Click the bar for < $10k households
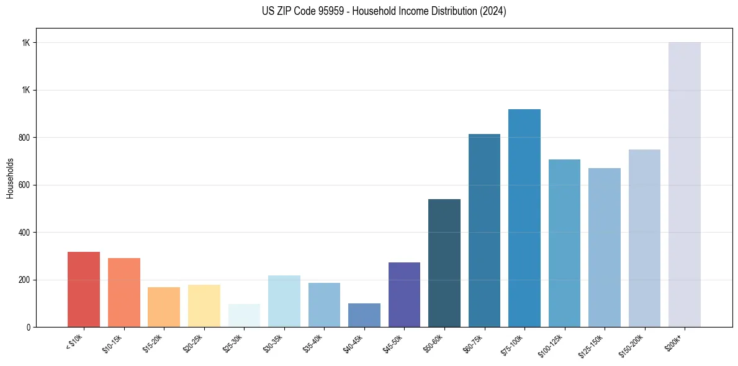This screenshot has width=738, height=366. coord(84,289)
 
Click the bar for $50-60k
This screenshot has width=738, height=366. coord(444,263)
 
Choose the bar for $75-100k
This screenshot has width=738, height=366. coord(524,218)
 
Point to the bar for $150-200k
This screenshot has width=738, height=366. coord(644,238)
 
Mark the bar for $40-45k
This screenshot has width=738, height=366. coord(364,315)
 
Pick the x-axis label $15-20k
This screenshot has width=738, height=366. coord(153,342)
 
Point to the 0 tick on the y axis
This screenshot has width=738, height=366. coord(29,327)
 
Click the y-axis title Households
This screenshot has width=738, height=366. coord(10,178)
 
